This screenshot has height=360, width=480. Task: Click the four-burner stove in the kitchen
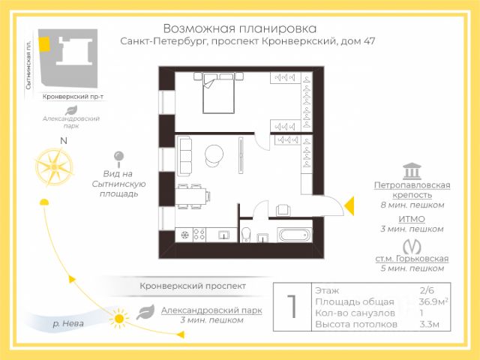200,234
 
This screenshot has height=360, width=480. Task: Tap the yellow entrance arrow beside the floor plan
348,203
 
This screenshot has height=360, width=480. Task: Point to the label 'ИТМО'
412,219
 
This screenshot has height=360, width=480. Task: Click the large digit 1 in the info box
292,307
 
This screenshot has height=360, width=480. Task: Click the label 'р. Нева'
67,324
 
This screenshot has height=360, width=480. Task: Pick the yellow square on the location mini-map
46,43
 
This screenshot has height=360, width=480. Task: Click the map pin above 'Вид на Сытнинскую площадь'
118,158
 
